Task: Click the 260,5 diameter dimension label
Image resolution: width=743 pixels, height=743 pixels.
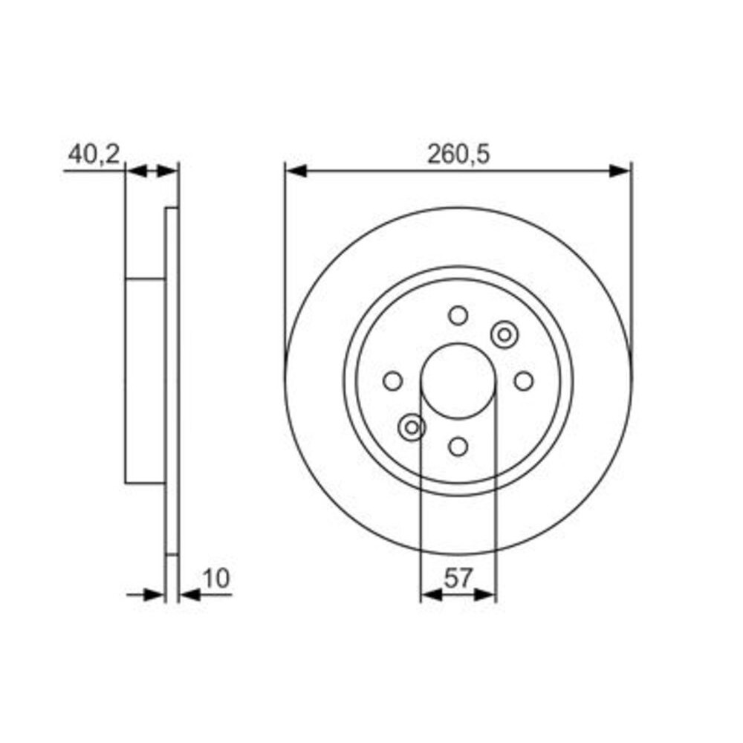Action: click(458, 155)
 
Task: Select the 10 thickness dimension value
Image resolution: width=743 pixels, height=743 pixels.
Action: click(216, 578)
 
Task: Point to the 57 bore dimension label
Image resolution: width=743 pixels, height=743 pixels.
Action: click(458, 578)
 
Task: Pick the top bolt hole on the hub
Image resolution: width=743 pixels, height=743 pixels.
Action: click(458, 316)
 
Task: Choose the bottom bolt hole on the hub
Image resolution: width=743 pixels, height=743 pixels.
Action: click(458, 447)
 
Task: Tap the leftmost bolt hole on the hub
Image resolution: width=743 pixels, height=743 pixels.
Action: click(393, 381)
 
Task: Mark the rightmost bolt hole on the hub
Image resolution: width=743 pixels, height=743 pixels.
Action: click(524, 381)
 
